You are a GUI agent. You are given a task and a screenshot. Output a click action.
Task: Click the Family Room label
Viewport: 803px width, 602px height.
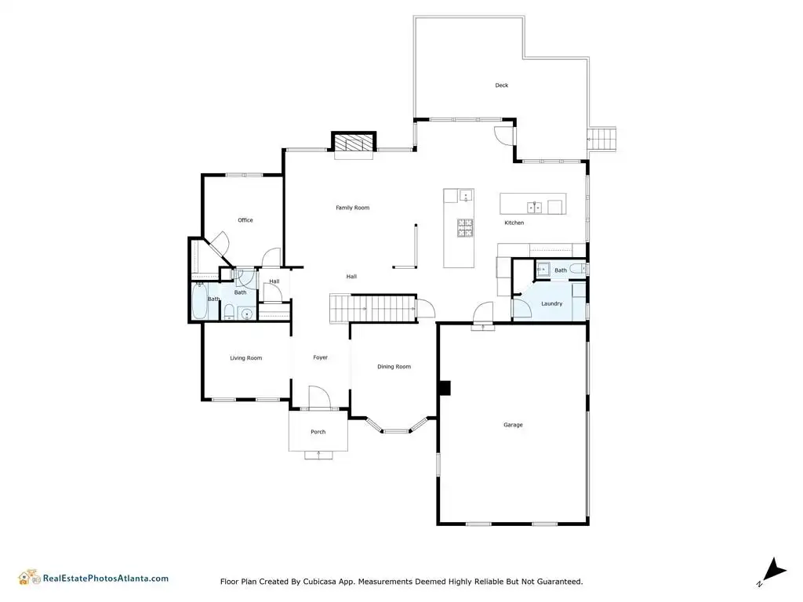coord(352,208)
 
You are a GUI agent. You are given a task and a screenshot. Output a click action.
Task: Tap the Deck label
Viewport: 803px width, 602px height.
coord(501,85)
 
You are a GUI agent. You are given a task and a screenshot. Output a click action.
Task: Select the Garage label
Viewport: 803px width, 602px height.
coord(513,425)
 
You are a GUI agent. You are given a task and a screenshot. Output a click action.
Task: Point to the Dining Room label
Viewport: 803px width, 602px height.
coord(394,367)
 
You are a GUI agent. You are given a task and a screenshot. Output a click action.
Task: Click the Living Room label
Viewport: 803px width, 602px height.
coord(245,358)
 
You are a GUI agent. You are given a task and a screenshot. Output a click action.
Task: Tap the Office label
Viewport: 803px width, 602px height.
coord(245,220)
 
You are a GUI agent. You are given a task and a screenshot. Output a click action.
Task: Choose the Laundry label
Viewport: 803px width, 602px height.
coord(551,303)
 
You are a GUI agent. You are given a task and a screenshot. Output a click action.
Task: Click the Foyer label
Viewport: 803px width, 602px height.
coord(320,357)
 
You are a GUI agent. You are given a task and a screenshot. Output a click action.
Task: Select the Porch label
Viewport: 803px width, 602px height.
coord(318,432)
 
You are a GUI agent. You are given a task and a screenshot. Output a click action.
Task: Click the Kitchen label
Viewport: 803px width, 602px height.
coord(514,223)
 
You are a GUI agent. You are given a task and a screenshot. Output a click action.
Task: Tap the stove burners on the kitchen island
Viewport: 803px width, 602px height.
coord(465,228)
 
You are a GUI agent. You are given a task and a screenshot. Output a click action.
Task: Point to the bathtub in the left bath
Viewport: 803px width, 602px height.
coord(199,300)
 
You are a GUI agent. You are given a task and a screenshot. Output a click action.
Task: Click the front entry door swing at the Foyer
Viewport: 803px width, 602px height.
coord(320,397)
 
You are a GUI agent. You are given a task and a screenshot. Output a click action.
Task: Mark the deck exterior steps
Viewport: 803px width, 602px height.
coord(601,139)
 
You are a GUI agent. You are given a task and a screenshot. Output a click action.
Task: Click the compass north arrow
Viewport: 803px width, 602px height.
coord(776,571)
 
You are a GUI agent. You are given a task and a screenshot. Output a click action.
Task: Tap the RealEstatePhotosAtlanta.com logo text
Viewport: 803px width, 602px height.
coord(106,578)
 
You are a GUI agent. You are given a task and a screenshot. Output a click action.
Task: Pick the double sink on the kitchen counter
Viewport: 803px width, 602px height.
coord(534,207)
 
